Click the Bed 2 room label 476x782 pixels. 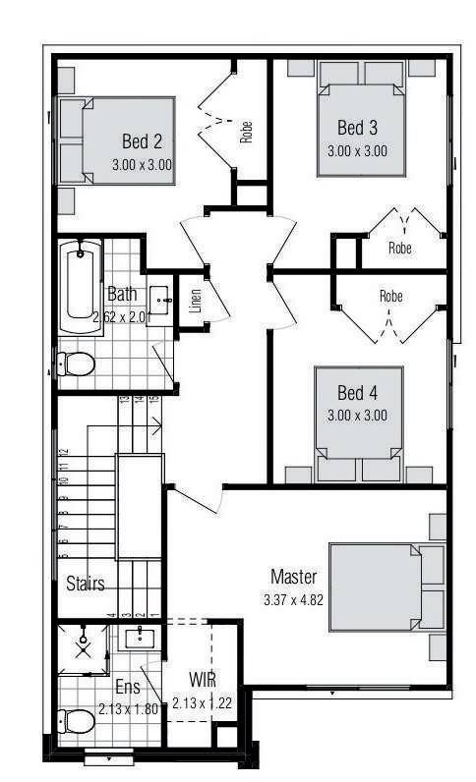[142, 140]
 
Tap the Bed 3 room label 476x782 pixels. [357, 128]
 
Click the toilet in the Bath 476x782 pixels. [76, 364]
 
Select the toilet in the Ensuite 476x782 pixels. [77, 723]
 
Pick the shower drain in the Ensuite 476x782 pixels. [84, 648]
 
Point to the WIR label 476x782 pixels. [203, 681]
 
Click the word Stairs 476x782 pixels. [86, 584]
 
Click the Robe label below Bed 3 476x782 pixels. [399, 249]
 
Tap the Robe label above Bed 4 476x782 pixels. [390, 295]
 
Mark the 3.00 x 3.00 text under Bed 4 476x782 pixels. [357, 415]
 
